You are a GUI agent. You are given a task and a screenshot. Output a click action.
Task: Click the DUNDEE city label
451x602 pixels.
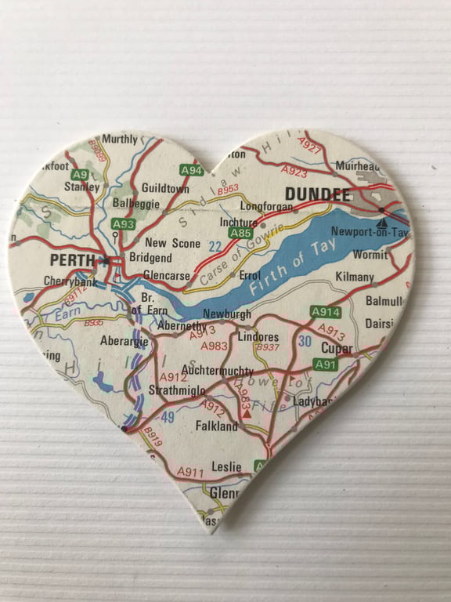coord(318,194)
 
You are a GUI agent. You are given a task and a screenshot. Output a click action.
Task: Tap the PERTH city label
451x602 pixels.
coord(71,259)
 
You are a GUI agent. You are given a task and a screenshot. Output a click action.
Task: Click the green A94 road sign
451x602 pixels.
coord(191,170)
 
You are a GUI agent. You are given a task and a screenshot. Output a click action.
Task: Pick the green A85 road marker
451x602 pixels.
coord(241,233)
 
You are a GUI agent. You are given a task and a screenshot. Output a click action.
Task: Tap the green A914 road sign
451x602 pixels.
coord(325,311)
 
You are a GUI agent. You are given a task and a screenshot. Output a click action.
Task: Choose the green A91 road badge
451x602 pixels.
coord(325,364)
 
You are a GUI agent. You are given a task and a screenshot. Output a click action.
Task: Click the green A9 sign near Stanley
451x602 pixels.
coord(79,174)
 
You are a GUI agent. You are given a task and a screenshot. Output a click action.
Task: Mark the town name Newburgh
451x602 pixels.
coord(226,314)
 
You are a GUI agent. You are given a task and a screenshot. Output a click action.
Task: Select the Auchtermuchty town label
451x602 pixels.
coord(217,369)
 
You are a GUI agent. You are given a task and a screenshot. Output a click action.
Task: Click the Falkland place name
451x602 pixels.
coord(216,426)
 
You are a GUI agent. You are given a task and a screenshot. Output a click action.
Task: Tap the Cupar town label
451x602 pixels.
coord(337,348)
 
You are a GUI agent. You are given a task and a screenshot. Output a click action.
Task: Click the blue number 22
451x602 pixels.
coord(215,246)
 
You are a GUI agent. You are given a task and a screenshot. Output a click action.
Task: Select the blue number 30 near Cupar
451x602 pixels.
coord(305,341)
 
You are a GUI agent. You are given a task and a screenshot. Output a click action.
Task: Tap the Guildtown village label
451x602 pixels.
coord(165,189)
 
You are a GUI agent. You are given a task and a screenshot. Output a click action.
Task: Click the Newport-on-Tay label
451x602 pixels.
coord(370,231)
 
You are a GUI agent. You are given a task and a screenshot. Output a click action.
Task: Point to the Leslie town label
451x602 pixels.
coord(227,466)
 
